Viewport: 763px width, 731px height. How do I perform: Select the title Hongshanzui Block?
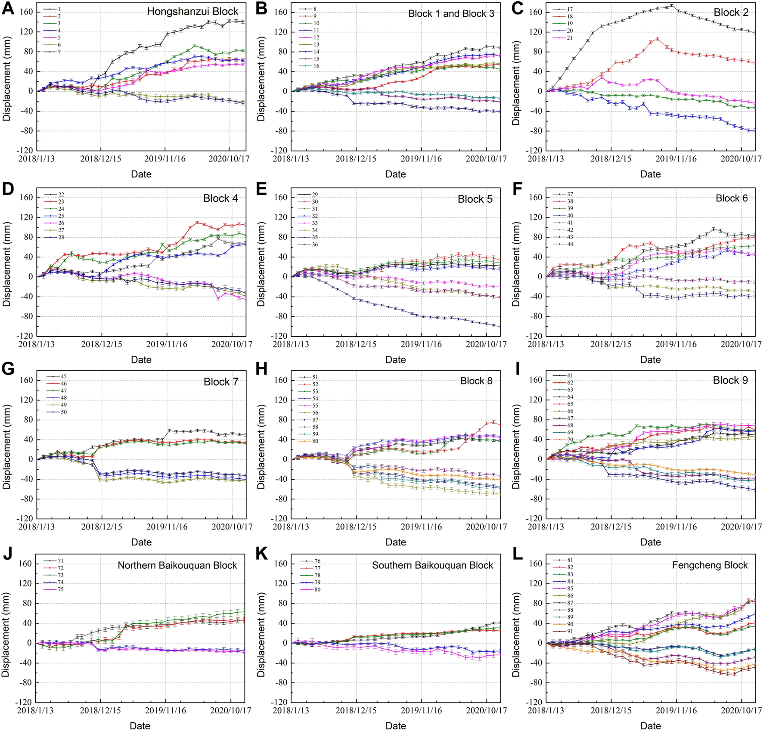192,12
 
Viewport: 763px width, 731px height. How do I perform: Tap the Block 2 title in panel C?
731,12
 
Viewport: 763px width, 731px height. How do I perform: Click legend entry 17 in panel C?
570,9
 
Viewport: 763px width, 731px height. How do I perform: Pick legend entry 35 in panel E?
315,237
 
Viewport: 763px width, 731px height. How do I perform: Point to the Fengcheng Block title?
710,565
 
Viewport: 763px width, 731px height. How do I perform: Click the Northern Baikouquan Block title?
177,565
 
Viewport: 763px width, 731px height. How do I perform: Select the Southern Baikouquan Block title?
432,565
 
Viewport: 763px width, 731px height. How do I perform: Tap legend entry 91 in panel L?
570,631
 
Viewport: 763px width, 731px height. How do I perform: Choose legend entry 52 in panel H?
315,384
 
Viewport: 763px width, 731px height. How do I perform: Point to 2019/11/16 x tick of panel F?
675,344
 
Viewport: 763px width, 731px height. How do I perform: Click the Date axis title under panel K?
395,726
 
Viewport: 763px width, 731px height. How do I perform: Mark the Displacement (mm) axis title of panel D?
6,263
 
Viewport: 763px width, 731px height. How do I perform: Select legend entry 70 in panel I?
570,440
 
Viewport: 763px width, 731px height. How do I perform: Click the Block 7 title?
221,382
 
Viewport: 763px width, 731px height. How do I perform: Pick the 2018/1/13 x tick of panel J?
35,710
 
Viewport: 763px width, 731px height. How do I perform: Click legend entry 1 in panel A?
59,9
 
